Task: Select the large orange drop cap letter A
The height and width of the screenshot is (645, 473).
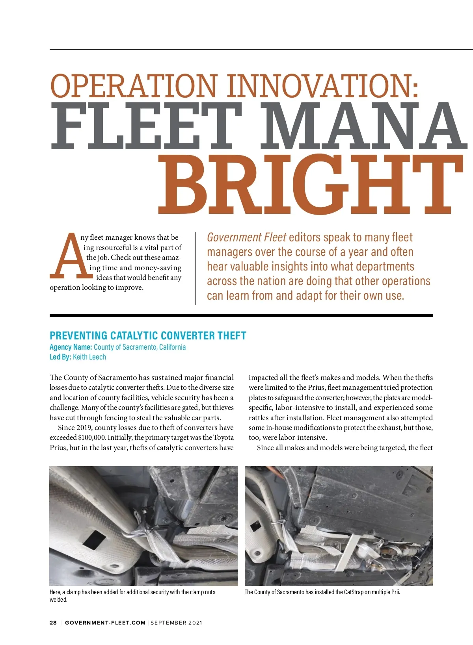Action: pyautogui.click(x=67, y=256)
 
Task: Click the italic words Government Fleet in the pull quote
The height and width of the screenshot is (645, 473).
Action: pyautogui.click(x=246, y=237)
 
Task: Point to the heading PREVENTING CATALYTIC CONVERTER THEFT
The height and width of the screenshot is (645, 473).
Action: pyautogui.click(x=148, y=335)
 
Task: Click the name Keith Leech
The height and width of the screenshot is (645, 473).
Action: pyautogui.click(x=89, y=357)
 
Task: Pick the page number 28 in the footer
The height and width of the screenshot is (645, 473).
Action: pyautogui.click(x=53, y=623)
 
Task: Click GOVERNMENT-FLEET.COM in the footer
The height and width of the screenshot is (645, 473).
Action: pyautogui.click(x=105, y=623)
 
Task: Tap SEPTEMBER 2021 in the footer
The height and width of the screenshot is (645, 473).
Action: pyautogui.click(x=176, y=623)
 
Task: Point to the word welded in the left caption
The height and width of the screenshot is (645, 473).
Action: pyautogui.click(x=58, y=600)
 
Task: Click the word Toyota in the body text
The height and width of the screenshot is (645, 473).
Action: pyautogui.click(x=223, y=437)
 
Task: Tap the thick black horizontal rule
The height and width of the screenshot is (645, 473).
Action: pyautogui.click(x=241, y=315)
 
